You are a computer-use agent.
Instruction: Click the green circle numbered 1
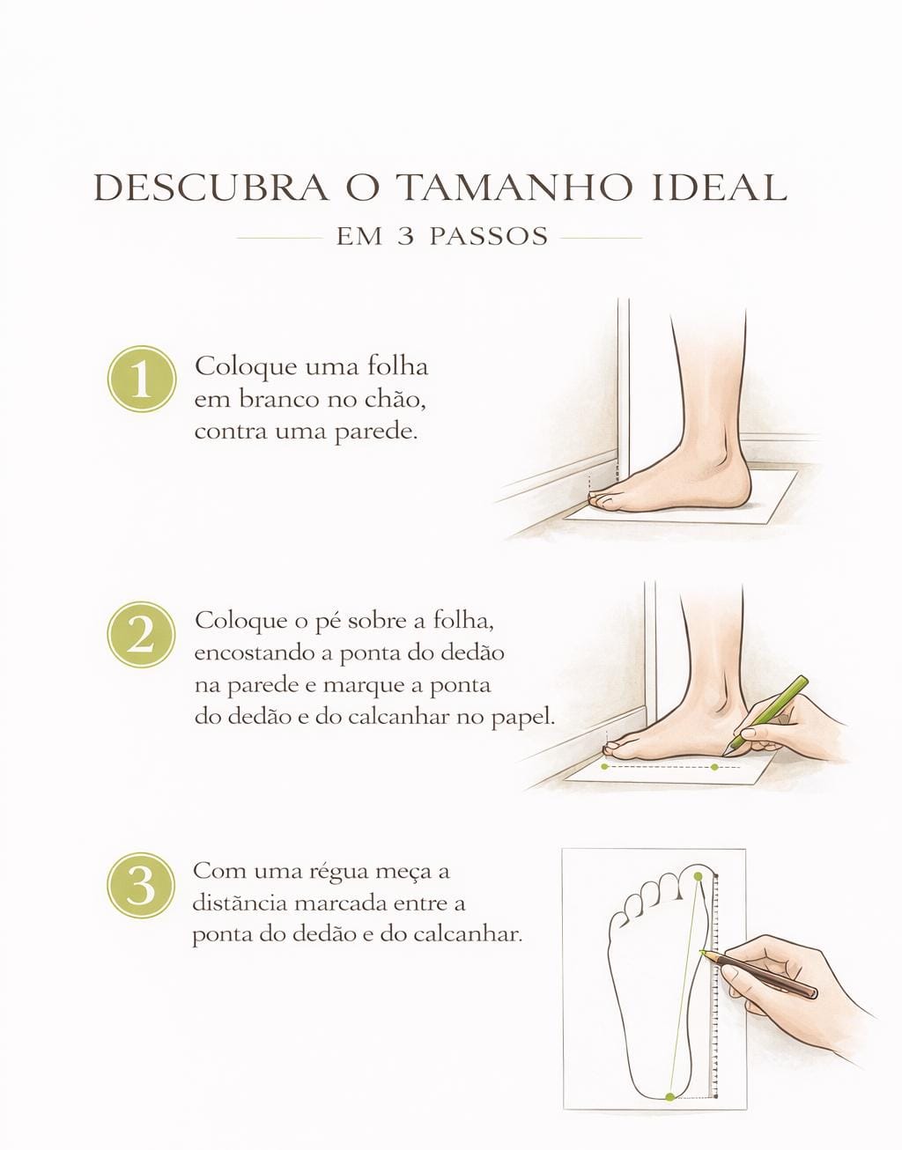(142, 379)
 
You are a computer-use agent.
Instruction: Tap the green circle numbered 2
(141, 635)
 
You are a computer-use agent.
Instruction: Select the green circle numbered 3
(141, 885)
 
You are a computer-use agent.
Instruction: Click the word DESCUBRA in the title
(211, 188)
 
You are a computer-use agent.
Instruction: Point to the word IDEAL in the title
(720, 188)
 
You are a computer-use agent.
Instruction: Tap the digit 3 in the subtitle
(406, 237)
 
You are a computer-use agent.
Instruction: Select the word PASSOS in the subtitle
(489, 237)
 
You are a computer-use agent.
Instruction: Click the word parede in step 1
(376, 432)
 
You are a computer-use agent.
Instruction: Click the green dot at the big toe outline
(699, 876)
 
